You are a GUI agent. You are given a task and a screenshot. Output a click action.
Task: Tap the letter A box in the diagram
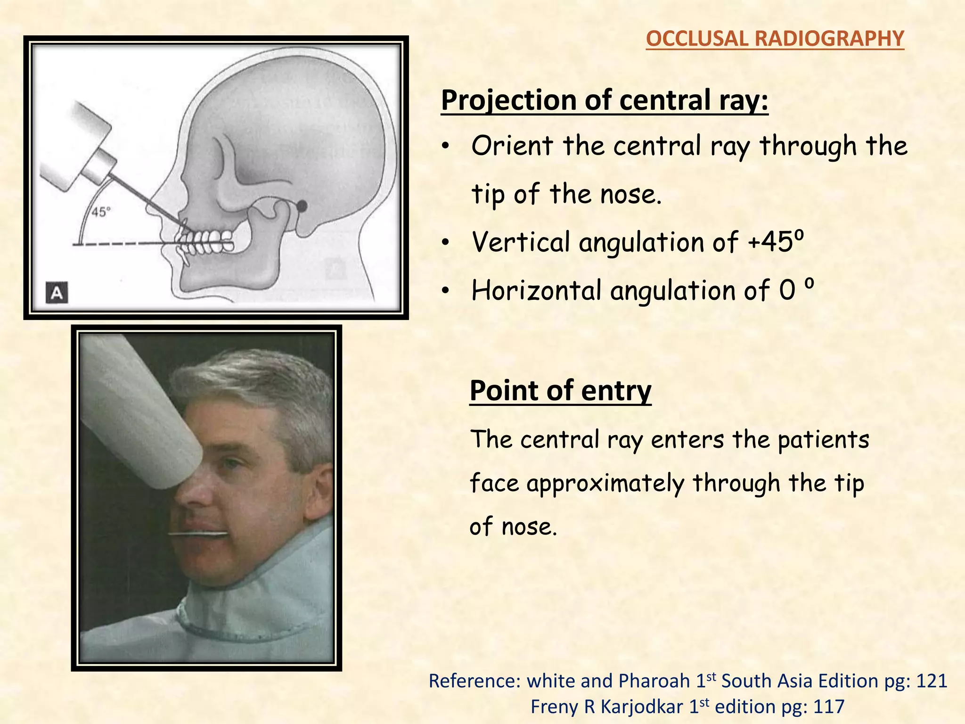(57, 293)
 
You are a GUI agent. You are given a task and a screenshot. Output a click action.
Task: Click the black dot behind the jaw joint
(302, 206)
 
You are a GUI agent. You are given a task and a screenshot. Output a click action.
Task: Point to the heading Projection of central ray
(605, 100)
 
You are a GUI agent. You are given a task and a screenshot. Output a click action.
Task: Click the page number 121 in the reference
(931, 681)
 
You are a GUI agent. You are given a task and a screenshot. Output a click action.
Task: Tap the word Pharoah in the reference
(654, 681)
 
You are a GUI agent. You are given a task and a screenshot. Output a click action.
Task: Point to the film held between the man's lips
(198, 534)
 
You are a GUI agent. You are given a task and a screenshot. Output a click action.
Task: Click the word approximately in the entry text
(605, 484)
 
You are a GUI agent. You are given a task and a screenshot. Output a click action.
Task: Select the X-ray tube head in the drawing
(78, 146)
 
